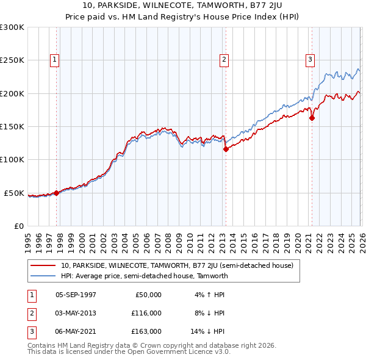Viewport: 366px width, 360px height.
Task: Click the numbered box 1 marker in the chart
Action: (x=56, y=60)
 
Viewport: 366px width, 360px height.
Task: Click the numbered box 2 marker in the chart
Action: (x=224, y=60)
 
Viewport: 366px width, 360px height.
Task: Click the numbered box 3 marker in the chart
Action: (x=310, y=60)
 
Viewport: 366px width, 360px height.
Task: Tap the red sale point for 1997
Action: (x=57, y=193)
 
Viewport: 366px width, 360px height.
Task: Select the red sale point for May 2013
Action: (x=225, y=149)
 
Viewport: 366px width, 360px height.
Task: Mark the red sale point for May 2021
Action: (x=312, y=118)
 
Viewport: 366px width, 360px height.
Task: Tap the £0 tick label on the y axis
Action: (x=18, y=226)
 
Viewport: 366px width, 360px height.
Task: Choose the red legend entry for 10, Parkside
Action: (x=177, y=265)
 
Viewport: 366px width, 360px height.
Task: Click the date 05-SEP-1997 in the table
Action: (x=76, y=295)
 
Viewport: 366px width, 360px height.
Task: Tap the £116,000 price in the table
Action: (x=146, y=313)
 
